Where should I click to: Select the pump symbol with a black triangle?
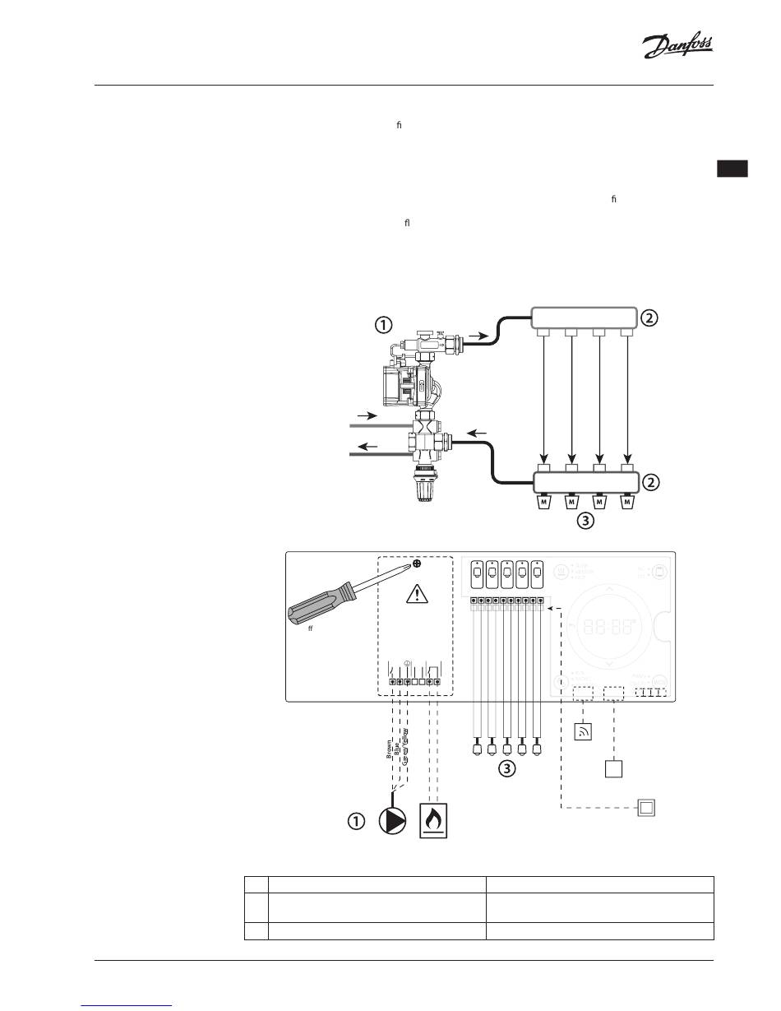coord(393,821)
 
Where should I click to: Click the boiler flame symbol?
coord(437,819)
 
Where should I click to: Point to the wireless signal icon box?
coord(582,730)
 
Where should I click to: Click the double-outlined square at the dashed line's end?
coord(646,808)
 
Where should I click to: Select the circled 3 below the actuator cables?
coord(508,770)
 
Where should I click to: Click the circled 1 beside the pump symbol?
coord(355,821)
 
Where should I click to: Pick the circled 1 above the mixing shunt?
coord(382,324)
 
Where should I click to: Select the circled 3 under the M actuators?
coord(585,520)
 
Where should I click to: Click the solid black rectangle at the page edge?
coord(732,169)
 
